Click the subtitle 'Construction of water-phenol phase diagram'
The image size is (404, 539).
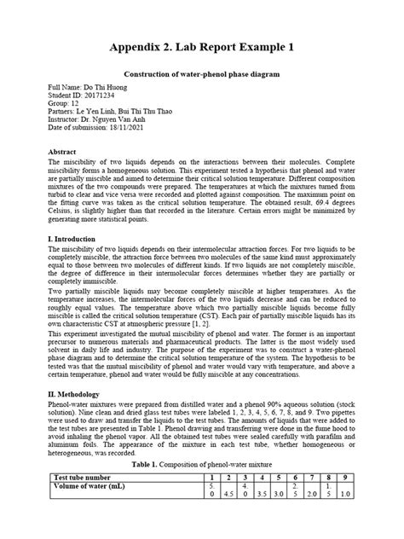pyautogui.click(x=201, y=75)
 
